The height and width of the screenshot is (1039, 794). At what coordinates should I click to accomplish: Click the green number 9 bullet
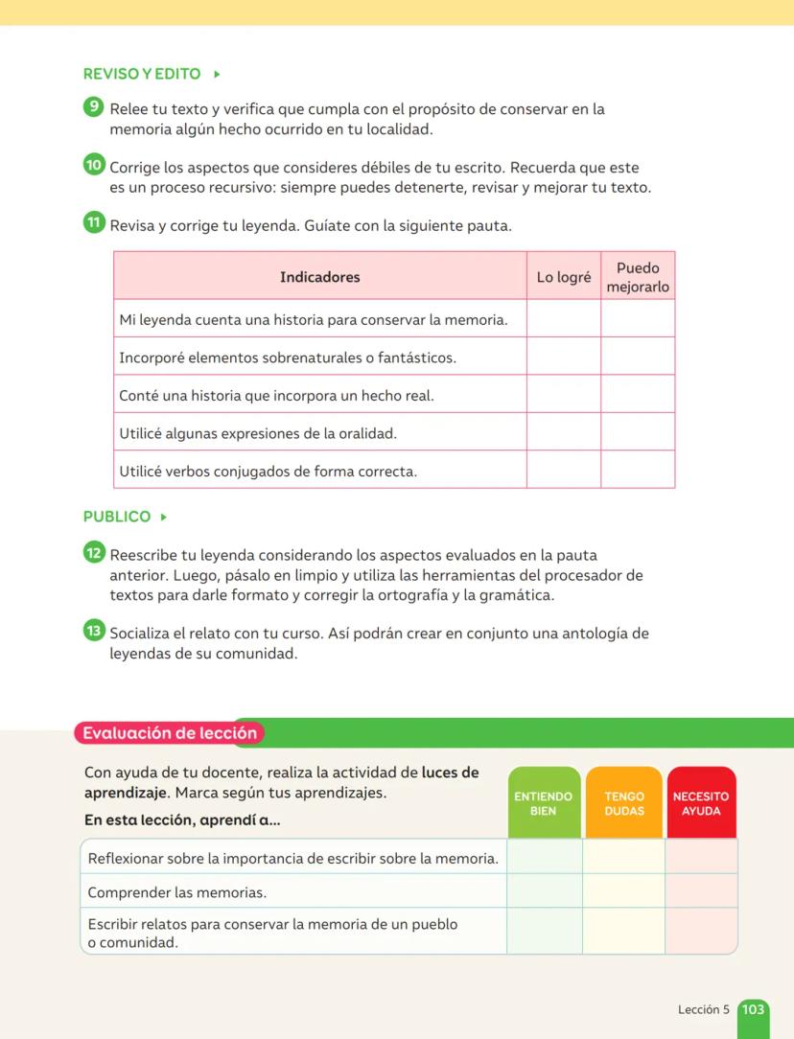pos(93,107)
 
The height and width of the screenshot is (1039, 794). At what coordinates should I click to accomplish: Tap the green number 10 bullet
pos(93,165)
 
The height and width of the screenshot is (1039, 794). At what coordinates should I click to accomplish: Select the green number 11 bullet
pos(93,223)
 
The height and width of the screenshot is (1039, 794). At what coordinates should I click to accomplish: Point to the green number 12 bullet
pos(93,552)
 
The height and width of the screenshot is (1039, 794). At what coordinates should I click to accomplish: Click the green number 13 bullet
pos(93,631)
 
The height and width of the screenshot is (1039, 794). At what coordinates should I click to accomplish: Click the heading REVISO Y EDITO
pos(142,74)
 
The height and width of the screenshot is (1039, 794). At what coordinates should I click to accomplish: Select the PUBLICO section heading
pos(117,517)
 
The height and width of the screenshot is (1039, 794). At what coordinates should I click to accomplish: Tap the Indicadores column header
pos(320,277)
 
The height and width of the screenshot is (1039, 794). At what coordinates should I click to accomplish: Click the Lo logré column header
pos(564,277)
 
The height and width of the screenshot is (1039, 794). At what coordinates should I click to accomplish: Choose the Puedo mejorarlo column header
pos(638,277)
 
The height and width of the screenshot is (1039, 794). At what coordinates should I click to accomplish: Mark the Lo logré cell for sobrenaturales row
pos(564,357)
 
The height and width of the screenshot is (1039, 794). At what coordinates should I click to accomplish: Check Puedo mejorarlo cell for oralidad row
pos(638,432)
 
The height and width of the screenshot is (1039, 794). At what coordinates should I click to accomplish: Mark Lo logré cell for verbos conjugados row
pos(564,470)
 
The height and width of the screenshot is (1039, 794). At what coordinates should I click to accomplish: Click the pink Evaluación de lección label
pos(170,733)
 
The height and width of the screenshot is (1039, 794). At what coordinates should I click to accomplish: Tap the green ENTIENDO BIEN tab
pos(544,803)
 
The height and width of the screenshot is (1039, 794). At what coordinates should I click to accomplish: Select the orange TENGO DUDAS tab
pos(624,803)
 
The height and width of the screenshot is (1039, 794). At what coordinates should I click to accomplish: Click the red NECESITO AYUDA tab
pos(701,803)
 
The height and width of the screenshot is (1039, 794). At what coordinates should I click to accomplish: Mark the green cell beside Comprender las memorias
pos(544,891)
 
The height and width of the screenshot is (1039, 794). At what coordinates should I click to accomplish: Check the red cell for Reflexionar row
pos(701,857)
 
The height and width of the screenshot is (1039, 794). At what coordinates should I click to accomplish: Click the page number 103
pos(754,1009)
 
